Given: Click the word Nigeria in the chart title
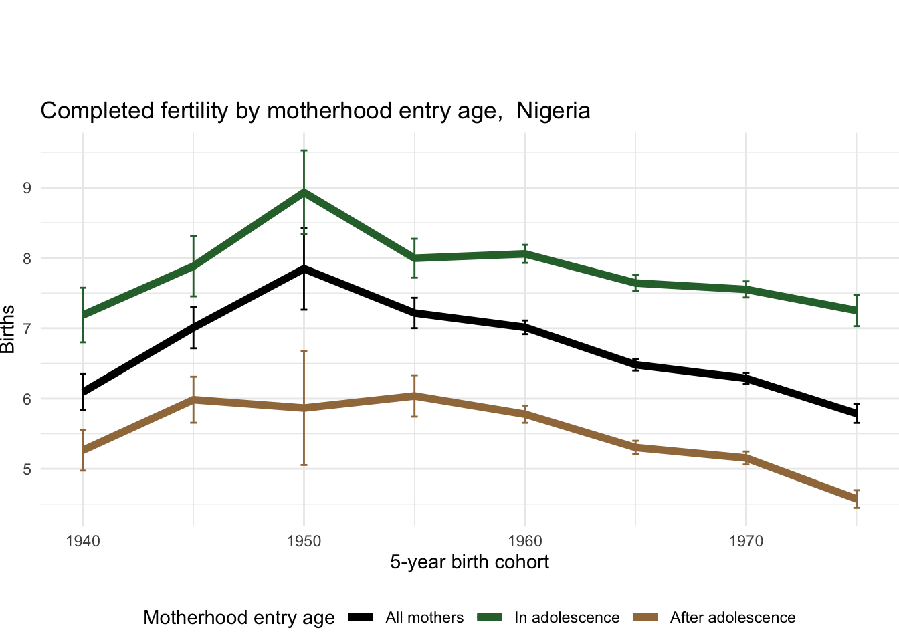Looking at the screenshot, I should pyautogui.click(x=553, y=110).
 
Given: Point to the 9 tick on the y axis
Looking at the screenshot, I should pyautogui.click(x=27, y=188).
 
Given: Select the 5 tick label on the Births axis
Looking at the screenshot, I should pyautogui.click(x=27, y=469).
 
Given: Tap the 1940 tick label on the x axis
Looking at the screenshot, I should pyautogui.click(x=83, y=540).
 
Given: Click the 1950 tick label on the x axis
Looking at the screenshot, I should pyautogui.click(x=304, y=540).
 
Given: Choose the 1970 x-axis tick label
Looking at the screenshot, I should pyautogui.click(x=746, y=540).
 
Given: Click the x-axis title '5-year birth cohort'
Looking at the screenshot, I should pyautogui.click(x=470, y=562).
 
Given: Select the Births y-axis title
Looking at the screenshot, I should pyautogui.click(x=8, y=329).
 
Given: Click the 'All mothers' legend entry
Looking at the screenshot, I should pyautogui.click(x=424, y=617).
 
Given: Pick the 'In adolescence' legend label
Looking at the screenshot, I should pyautogui.click(x=567, y=617).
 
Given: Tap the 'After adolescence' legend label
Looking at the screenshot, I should pyautogui.click(x=732, y=617).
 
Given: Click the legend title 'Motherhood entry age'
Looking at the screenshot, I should pyautogui.click(x=239, y=617).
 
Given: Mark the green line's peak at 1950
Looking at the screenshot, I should pyautogui.click(x=304, y=192).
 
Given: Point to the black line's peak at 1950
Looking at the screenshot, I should pyautogui.click(x=304, y=268).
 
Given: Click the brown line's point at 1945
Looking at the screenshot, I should pyautogui.click(x=193, y=399).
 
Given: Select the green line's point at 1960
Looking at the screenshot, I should pyautogui.click(x=525, y=253).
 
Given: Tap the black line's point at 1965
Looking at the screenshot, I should pyautogui.click(x=635, y=364).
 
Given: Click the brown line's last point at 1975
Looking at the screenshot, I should pyautogui.click(x=856, y=500).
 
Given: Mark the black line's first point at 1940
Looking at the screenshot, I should pyautogui.click(x=83, y=391).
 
